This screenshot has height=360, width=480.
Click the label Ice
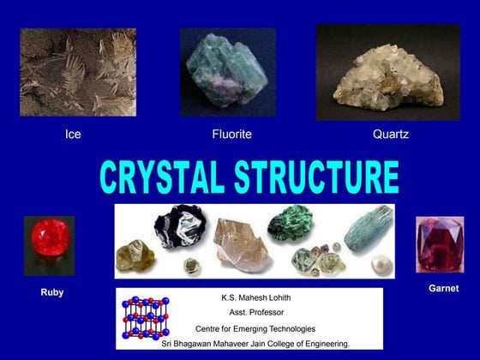pyautogui.click(x=74, y=135)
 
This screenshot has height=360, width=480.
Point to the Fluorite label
pyautogui.click(x=231, y=135)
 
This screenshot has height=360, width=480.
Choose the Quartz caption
pyautogui.click(x=390, y=135)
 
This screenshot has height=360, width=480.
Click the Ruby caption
pyautogui.click(x=52, y=293)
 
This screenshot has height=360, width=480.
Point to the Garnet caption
pyautogui.click(x=443, y=289)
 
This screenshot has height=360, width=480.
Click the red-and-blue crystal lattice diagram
pyautogui.click(x=145, y=318)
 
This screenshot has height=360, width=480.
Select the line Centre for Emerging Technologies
pyautogui.click(x=255, y=328)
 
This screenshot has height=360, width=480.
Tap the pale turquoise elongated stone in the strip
pyautogui.click(x=368, y=227)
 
